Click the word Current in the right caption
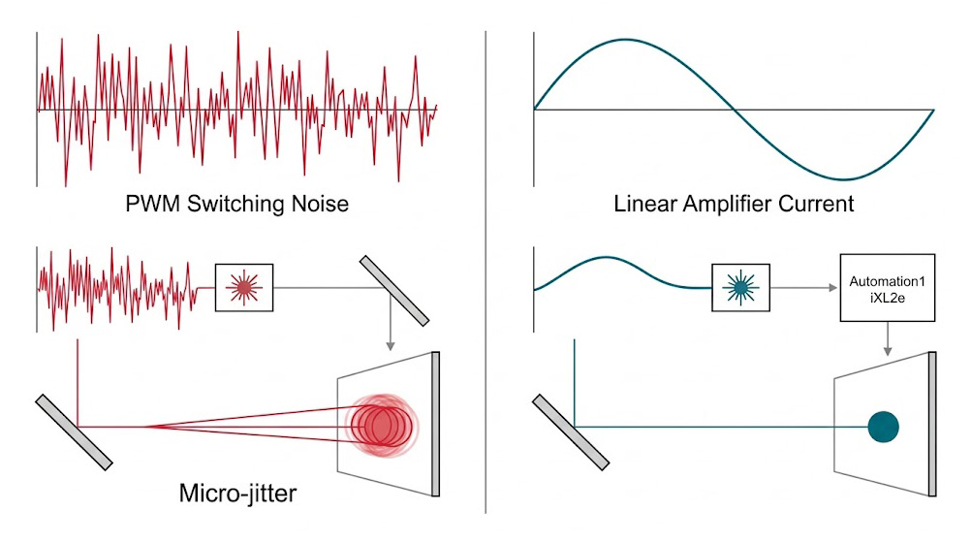(x=815, y=205)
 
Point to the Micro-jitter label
(x=238, y=492)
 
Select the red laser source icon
(x=244, y=286)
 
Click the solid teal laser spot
(x=883, y=426)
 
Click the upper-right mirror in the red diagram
(x=393, y=290)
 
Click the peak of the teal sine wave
(x=621, y=40)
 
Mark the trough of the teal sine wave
(x=845, y=179)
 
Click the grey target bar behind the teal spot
(x=931, y=424)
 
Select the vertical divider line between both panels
(x=485, y=271)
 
